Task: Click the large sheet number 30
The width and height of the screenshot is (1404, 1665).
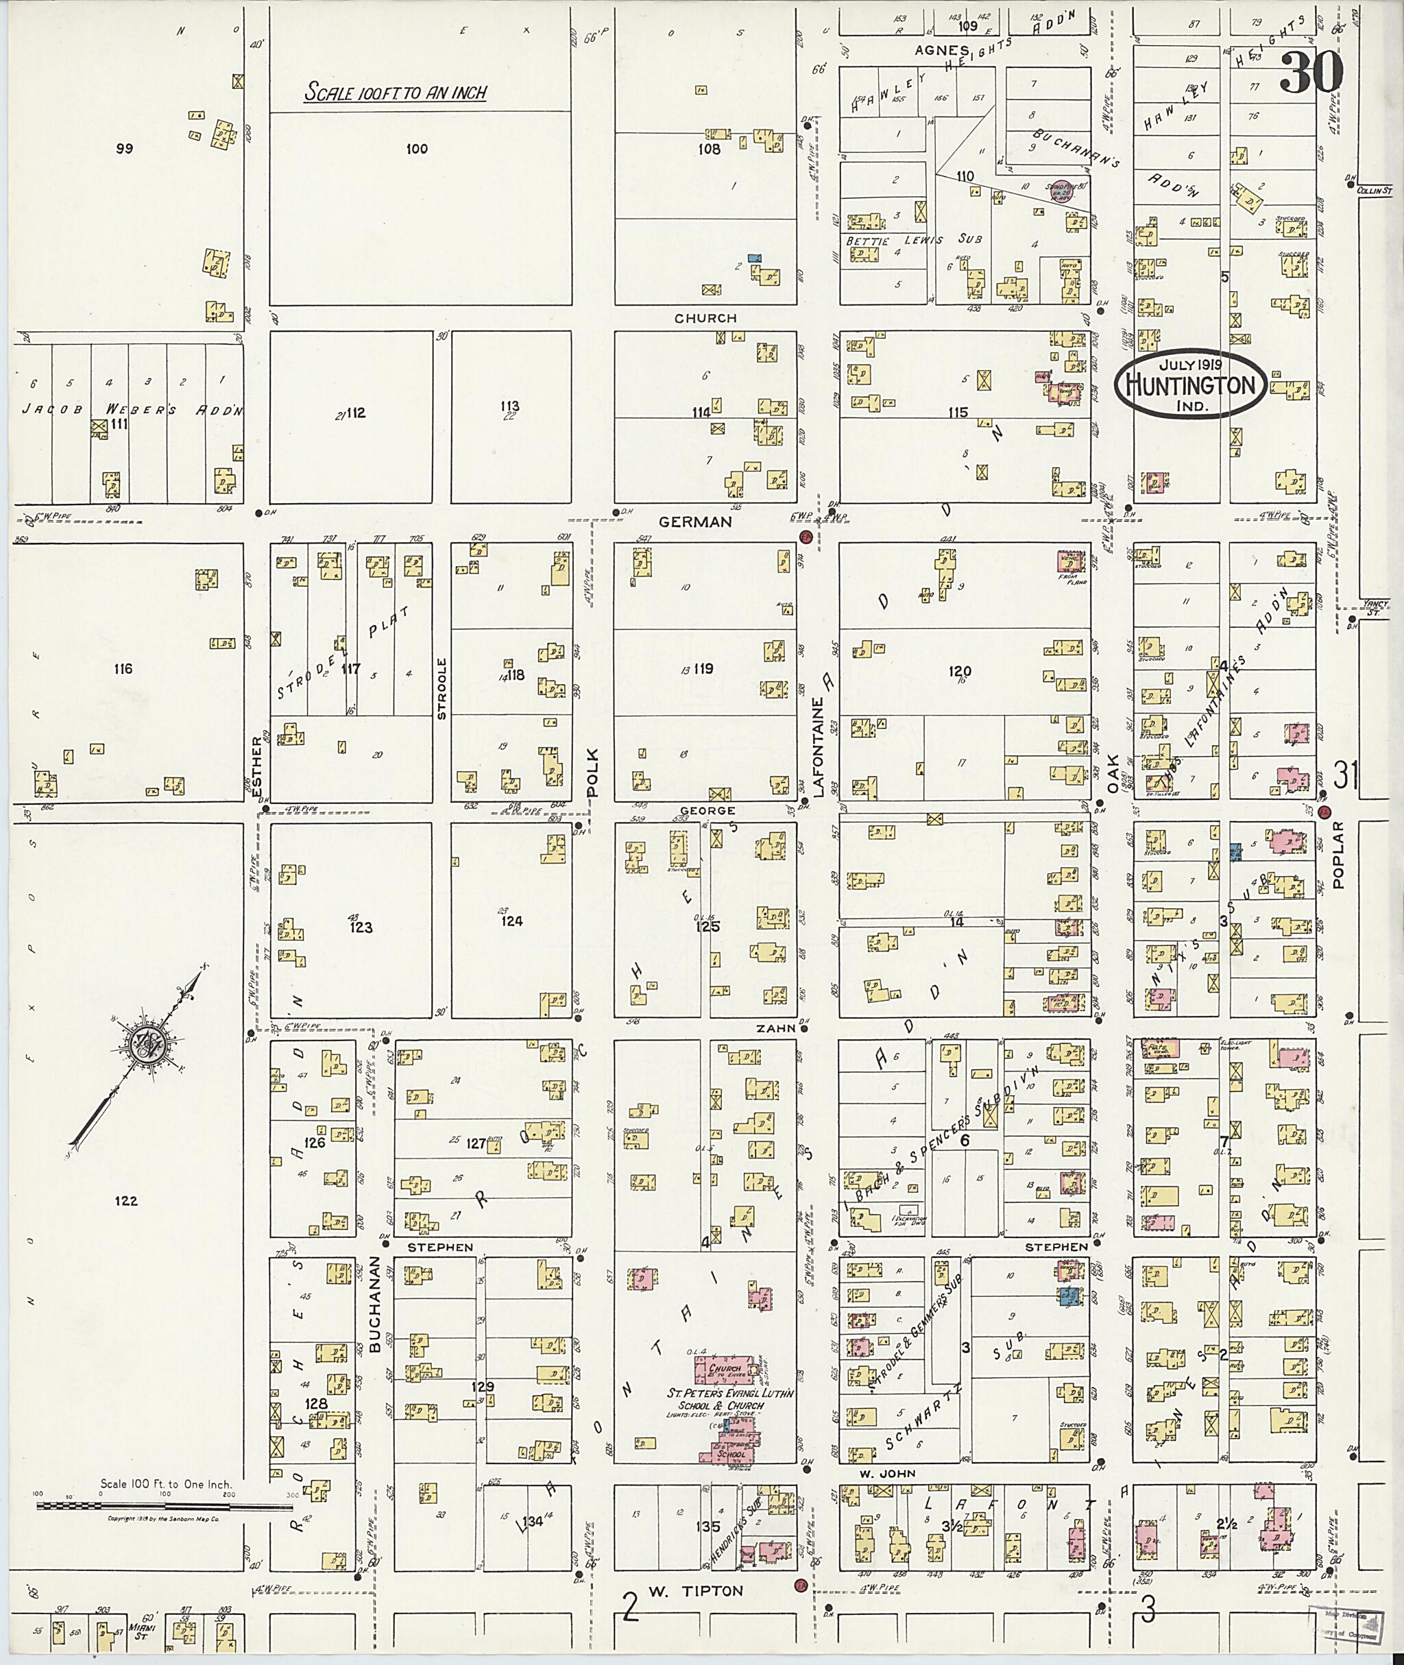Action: click(x=1311, y=73)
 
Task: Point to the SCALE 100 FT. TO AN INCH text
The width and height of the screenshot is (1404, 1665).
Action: click(x=396, y=93)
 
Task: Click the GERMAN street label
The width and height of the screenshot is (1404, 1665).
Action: click(x=695, y=522)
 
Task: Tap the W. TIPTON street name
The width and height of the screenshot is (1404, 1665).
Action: click(x=695, y=1591)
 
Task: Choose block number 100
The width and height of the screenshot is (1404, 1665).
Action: click(x=416, y=148)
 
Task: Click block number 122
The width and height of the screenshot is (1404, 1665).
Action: click(x=125, y=1201)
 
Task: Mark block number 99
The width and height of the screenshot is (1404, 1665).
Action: click(x=124, y=148)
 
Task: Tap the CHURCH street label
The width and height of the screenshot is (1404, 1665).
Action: click(x=705, y=317)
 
